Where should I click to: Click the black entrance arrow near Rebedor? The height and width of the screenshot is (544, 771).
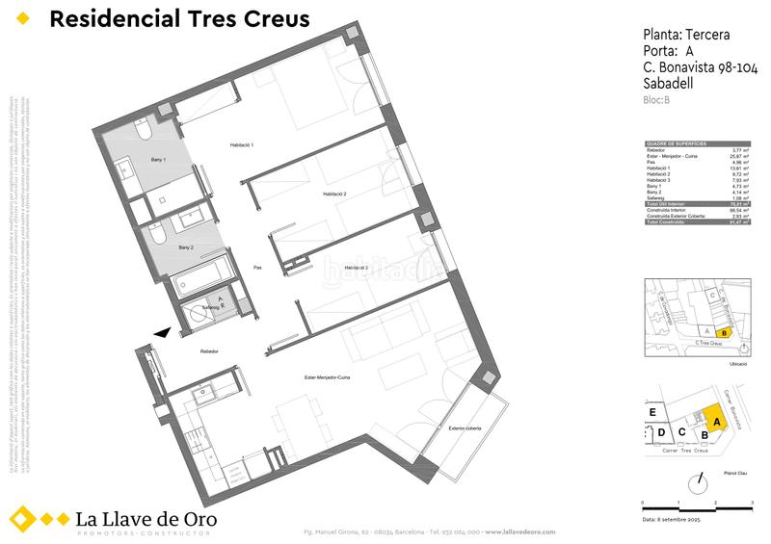click(163, 332)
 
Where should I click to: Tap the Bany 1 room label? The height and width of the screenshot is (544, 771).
click(158, 160)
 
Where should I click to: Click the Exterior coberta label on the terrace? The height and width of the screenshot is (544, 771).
click(461, 428)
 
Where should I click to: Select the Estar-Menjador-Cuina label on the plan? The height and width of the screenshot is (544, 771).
click(326, 377)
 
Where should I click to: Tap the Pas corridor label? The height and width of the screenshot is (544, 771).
click(257, 268)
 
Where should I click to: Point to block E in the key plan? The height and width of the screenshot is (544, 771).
click(652, 412)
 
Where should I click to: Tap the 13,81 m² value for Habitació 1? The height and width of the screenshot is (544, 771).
click(740, 168)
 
